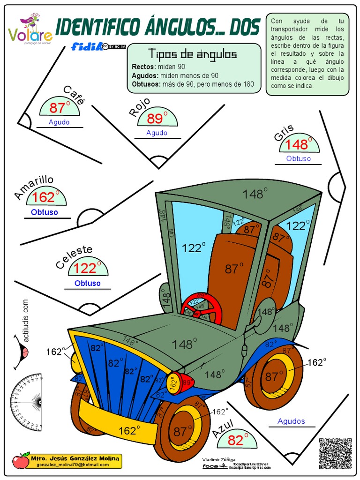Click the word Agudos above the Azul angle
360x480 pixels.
[x=291, y=421]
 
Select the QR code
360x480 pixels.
[x=335, y=453]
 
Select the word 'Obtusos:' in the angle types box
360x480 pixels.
[x=146, y=84]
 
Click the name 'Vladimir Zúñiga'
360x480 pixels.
[x=219, y=459]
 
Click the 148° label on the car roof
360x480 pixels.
[x=255, y=194]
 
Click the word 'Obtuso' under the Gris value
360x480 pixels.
[x=299, y=158]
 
